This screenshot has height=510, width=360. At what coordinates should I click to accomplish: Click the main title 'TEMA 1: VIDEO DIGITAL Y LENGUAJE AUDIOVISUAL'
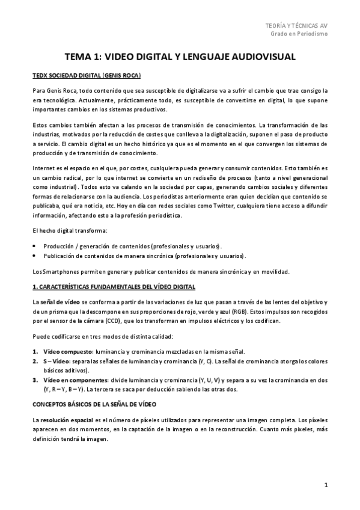[180, 57]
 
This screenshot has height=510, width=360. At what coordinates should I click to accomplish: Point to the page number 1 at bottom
[325, 484]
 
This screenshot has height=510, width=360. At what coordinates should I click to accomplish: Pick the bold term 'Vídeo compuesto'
[67, 351]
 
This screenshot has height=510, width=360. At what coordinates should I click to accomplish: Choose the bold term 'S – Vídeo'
[56, 361]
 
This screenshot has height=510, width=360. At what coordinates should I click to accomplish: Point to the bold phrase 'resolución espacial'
[67, 402]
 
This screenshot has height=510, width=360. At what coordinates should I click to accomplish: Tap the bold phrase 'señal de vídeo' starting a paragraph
[61, 301]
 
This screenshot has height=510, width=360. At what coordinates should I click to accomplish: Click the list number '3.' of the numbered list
[35, 380]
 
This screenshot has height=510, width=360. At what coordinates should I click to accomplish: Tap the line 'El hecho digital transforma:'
[70, 231]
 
